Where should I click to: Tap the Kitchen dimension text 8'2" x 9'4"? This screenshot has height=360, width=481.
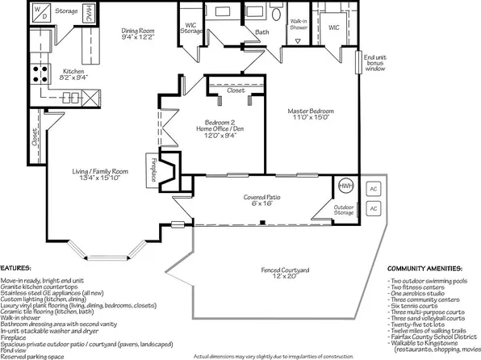[73, 77]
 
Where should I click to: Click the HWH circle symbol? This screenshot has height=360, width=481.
[345, 186]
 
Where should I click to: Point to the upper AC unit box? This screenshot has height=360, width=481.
[373, 189]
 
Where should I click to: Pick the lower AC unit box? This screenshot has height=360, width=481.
[373, 208]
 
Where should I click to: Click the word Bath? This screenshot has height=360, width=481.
[262, 32]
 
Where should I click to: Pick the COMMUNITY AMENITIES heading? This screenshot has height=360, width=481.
[424, 267]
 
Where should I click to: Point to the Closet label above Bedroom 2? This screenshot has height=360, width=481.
[236, 91]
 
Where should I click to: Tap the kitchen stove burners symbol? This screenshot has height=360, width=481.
[36, 74]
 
